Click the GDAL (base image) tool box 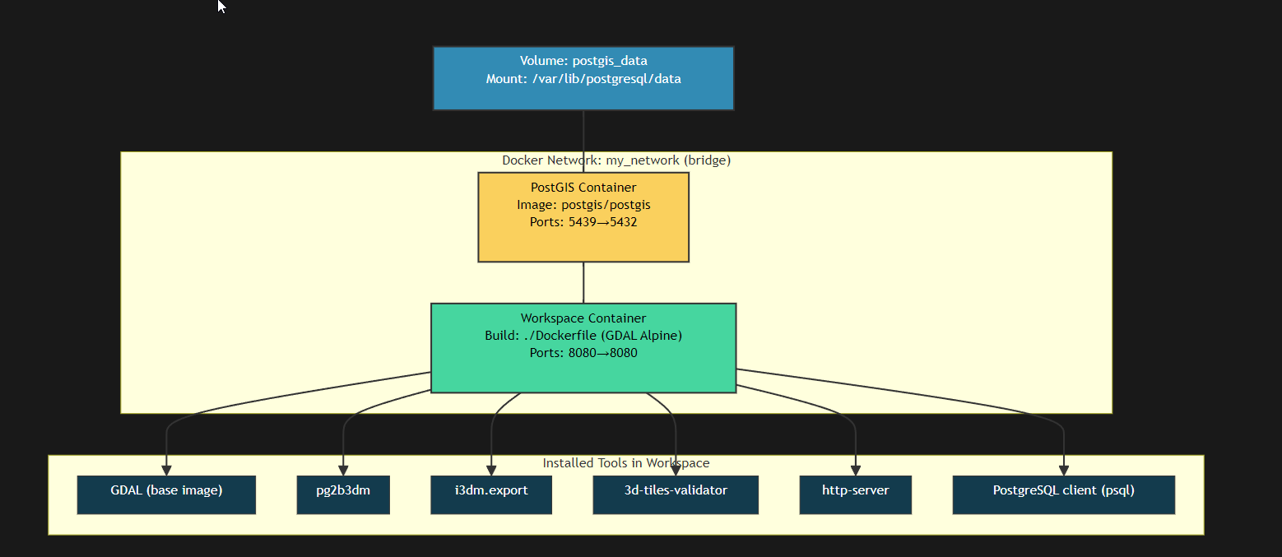[166, 494]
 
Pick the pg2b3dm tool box [343, 494]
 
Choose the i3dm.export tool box [491, 494]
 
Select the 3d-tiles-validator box [676, 494]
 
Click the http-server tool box [855, 494]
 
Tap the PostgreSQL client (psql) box [1063, 494]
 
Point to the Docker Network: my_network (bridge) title [616, 160]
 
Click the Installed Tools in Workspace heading [625, 463]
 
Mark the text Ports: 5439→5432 [583, 222]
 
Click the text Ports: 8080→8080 [583, 353]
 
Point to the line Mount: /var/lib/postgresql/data [583, 79]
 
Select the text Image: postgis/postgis [583, 205]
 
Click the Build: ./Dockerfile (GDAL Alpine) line [583, 336]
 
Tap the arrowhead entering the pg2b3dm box [343, 470]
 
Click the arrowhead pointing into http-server [856, 470]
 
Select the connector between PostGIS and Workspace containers [583, 282]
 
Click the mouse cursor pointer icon [221, 7]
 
